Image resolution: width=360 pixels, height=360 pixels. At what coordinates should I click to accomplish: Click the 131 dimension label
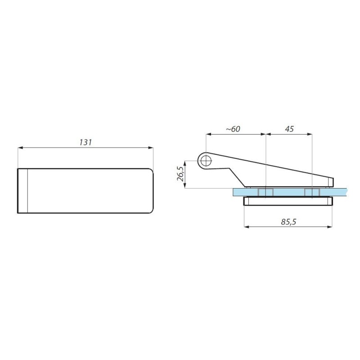click(x=85, y=142)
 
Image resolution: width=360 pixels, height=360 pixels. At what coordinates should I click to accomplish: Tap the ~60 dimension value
click(x=233, y=129)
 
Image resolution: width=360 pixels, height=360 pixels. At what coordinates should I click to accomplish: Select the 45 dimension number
click(x=289, y=129)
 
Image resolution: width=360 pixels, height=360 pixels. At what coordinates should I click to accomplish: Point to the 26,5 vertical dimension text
click(x=181, y=174)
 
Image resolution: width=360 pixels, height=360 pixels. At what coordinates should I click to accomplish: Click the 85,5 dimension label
click(x=288, y=222)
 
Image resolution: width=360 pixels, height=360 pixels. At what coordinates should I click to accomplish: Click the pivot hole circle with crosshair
click(x=206, y=161)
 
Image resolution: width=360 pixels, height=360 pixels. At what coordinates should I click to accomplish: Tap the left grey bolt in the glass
click(x=265, y=192)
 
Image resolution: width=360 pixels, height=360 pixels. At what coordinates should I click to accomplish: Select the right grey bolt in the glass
click(x=312, y=192)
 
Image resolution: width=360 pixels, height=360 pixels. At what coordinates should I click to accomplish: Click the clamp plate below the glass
click(x=288, y=201)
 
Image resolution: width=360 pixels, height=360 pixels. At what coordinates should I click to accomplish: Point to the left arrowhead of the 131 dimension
click(x=20, y=148)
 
